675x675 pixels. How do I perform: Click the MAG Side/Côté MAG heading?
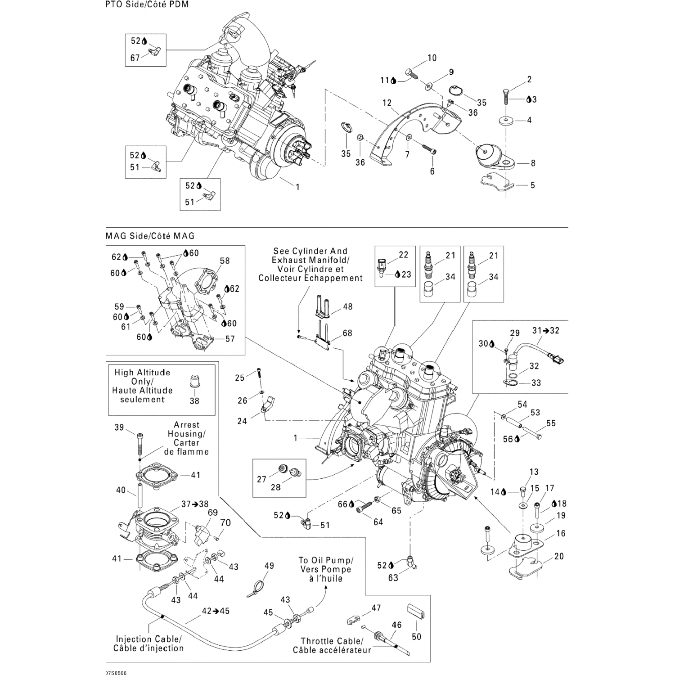149,236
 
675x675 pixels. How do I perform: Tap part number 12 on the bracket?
387,103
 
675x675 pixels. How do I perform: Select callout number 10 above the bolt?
432,58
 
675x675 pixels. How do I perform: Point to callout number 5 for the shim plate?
532,185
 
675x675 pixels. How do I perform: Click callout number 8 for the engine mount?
533,163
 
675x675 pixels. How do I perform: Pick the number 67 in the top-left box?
135,58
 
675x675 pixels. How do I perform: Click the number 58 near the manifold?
225,261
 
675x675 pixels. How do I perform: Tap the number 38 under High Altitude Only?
194,400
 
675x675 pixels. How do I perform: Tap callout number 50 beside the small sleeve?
417,636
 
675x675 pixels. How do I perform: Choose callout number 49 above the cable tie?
269,566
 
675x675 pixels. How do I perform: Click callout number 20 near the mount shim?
559,556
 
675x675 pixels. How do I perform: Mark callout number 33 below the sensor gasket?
536,383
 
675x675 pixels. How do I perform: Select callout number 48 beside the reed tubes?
348,306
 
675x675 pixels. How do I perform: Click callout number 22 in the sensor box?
403,255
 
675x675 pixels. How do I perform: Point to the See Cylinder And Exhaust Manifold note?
310,265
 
